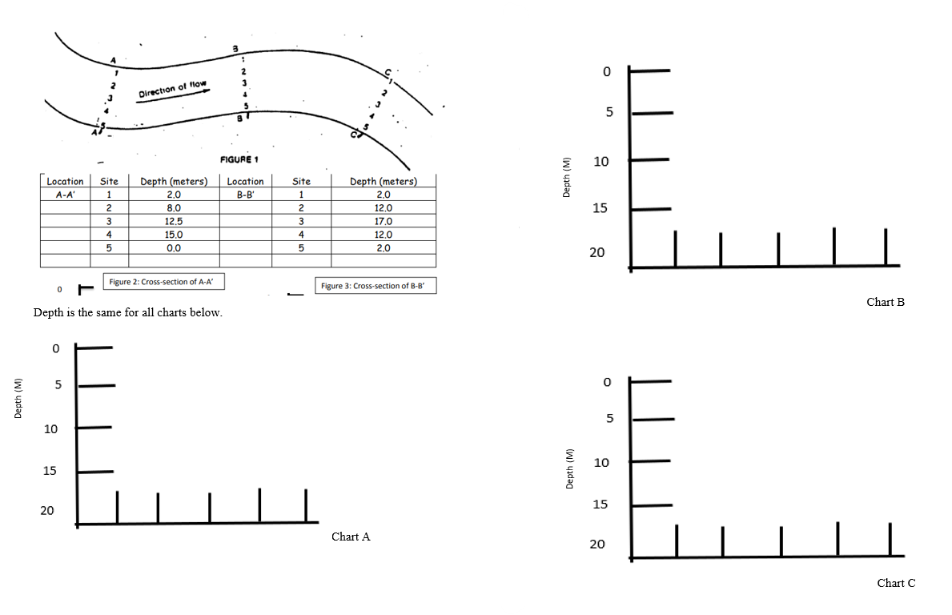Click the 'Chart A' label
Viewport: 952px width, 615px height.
pos(351,537)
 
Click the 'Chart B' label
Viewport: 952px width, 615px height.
pos(886,303)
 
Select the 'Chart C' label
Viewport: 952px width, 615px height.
pos(896,583)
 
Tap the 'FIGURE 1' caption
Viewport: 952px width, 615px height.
pos(239,159)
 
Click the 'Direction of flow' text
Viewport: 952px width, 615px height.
pos(173,89)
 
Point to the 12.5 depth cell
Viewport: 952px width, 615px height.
pos(174,221)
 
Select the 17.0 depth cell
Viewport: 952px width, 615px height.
pos(383,221)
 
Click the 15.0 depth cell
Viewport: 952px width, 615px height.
pos(174,235)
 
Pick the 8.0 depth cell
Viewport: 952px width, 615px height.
pos(174,207)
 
